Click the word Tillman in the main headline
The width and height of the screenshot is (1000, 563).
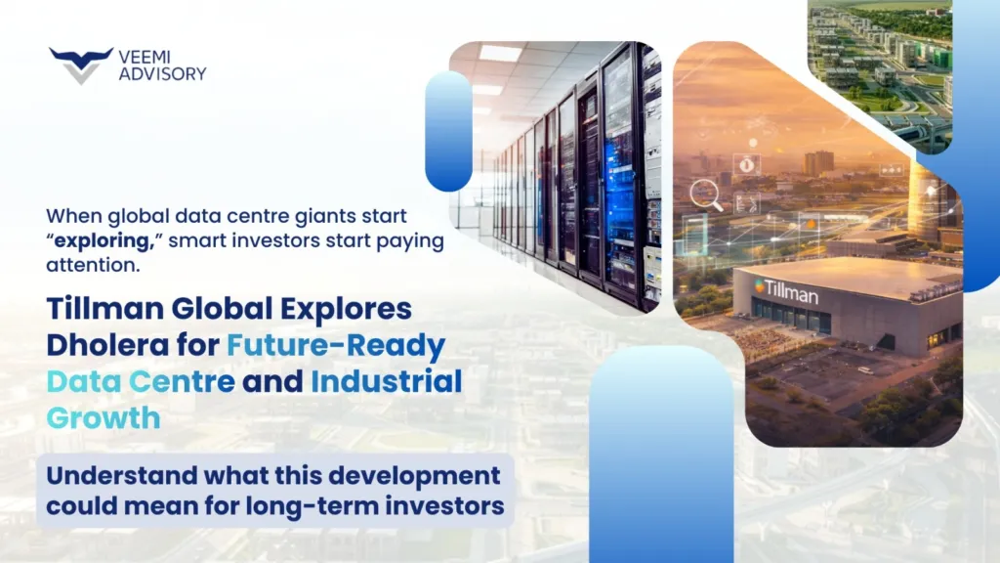pos(97,310)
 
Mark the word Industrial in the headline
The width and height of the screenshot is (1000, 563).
pos(386,382)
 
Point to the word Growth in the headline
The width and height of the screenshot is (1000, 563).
pos(103,418)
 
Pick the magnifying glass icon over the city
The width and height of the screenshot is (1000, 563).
pos(703,195)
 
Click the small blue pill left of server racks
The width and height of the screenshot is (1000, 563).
pos(448,131)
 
